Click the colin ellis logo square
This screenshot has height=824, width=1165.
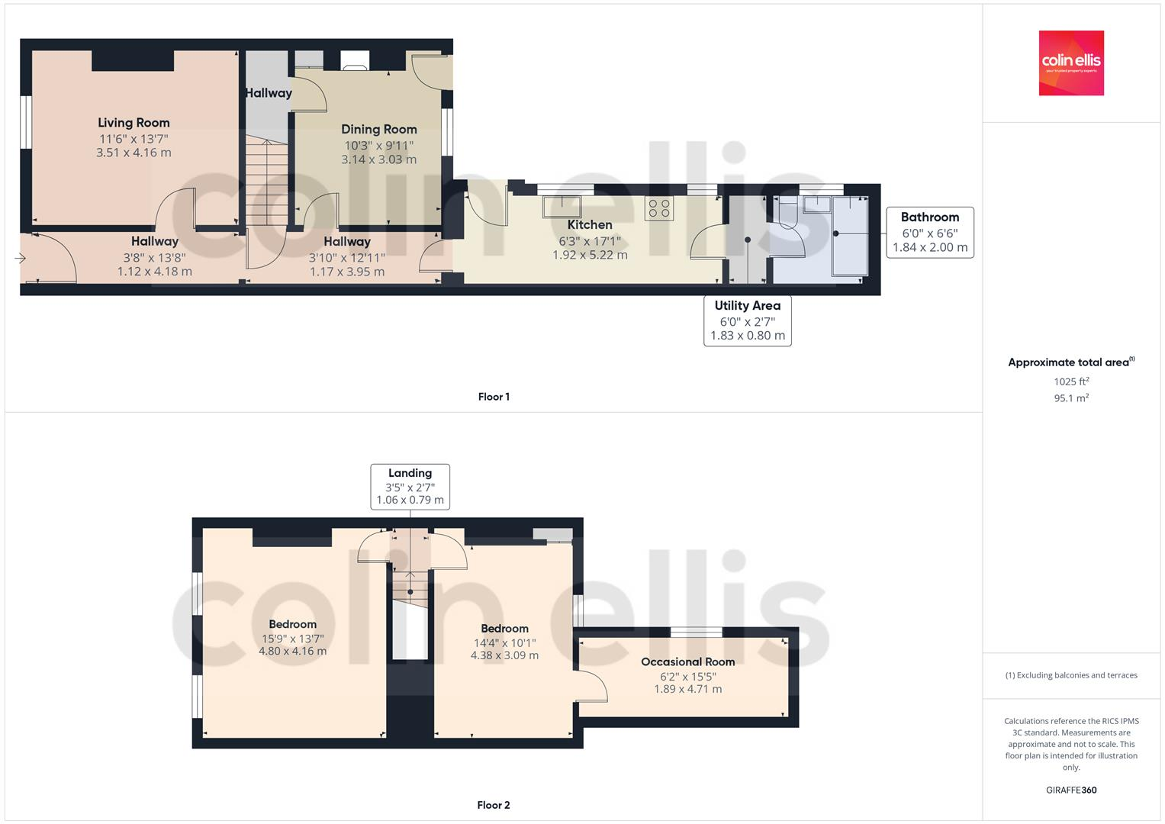pos(1070,63)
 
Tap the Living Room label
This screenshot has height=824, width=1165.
pos(134,122)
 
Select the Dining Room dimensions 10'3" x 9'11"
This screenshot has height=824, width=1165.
pos(378,145)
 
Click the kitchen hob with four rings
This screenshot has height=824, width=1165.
pos(659,208)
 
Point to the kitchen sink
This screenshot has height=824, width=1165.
pos(561,207)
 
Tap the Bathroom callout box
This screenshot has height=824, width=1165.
pos(929,232)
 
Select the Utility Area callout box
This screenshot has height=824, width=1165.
pos(747,320)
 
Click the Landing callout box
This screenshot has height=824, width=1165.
pos(410,486)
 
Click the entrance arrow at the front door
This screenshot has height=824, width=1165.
pos(20,259)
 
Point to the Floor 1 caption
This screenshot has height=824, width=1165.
pos(494,397)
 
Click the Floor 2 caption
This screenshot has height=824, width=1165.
pos(494,805)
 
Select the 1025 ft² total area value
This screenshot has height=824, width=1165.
pos(1071,381)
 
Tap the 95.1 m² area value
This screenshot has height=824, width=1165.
pos(1071,398)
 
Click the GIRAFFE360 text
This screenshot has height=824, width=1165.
pos(1070,790)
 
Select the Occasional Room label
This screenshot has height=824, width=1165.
pos(687,661)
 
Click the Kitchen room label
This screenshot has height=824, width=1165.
pos(590,225)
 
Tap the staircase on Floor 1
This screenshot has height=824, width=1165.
pos(267,183)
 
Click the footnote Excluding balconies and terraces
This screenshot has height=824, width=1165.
pos(1071,675)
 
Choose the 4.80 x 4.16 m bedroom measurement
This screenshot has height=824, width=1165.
pos(292,652)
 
